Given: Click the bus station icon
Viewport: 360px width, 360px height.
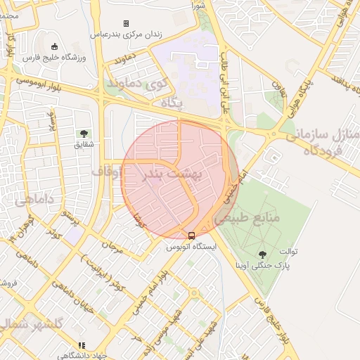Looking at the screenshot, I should pyautogui.click(x=192, y=236).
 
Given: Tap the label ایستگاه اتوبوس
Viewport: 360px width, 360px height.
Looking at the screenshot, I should pyautogui.click(x=192, y=247).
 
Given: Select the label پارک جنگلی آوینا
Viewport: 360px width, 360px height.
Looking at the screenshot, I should pyautogui.click(x=264, y=266).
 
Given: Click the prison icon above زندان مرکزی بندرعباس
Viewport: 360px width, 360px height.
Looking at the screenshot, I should pyautogui.click(x=126, y=24).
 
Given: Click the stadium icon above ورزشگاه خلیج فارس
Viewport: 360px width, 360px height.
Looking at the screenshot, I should pyautogui.click(x=55, y=46).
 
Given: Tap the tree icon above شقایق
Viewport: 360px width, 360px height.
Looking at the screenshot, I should pyautogui.click(x=84, y=133).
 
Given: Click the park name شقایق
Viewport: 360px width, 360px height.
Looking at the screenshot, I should pyautogui.click(x=84, y=143).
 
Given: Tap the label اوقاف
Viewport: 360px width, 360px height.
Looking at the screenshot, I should pyautogui.click(x=106, y=171).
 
